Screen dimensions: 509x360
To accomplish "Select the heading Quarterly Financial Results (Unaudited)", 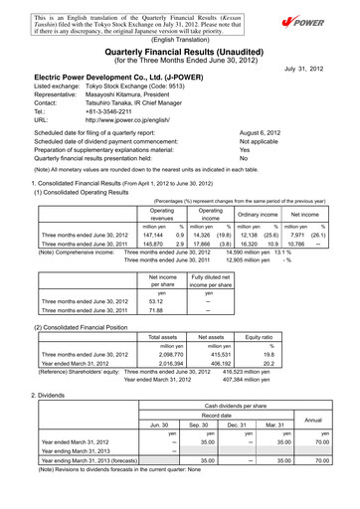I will [x=180, y=50].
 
